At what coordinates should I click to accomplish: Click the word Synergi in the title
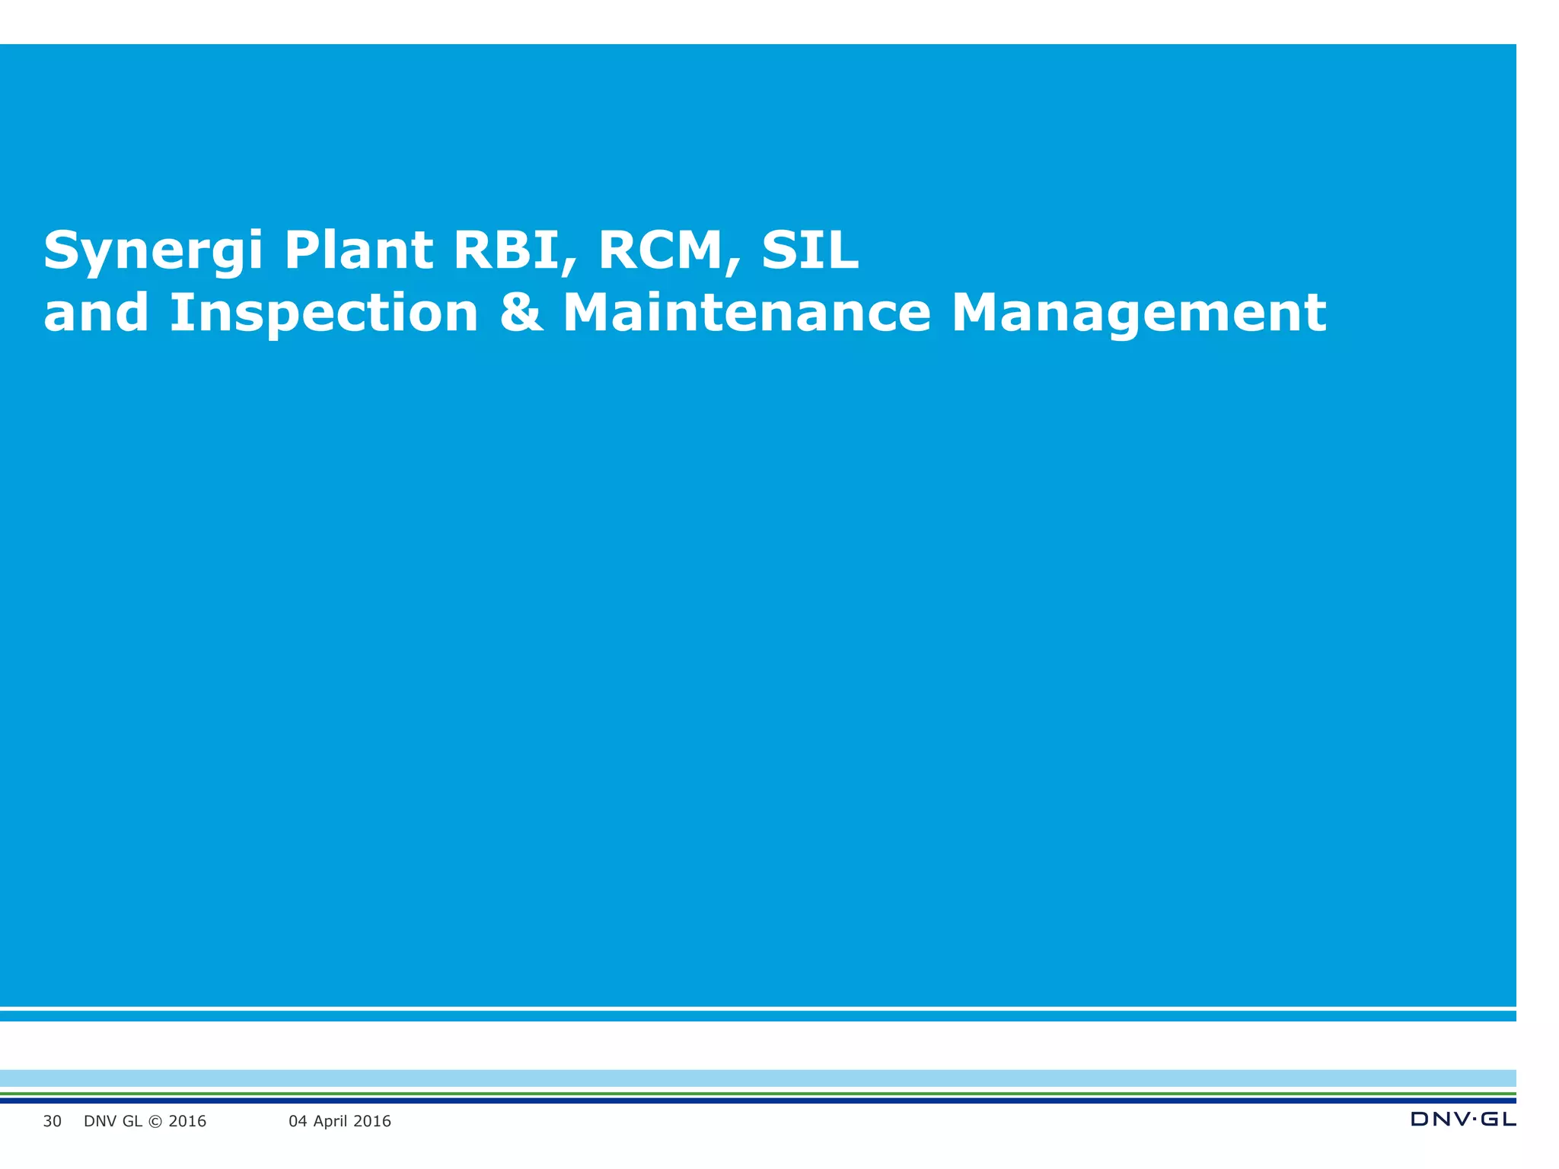pos(153,251)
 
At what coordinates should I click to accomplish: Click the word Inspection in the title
pos(324,314)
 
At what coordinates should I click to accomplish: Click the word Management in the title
pos(1139,314)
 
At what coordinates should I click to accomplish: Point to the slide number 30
pos(52,1121)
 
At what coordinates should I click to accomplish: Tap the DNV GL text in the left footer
pos(113,1121)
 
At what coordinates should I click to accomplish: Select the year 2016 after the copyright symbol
pos(187,1121)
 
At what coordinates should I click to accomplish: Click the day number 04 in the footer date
pos(298,1121)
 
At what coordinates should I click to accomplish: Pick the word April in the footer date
pos(332,1121)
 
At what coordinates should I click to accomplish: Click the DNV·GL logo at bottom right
pos(1462,1119)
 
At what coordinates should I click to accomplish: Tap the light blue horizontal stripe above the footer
pos(761,1078)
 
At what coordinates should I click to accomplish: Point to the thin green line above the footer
pos(761,1094)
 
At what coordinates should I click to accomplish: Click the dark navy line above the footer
pos(761,1101)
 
